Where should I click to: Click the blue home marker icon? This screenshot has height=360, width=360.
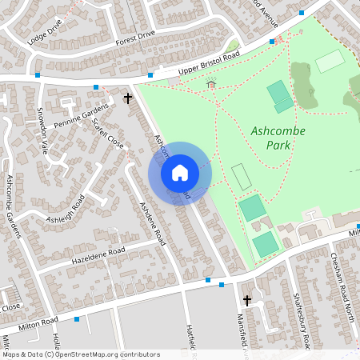[x=180, y=173]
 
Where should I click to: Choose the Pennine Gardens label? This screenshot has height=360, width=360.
[x=81, y=116]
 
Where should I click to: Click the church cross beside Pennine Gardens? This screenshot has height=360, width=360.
[x=128, y=98]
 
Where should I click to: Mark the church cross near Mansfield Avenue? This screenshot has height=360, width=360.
[x=247, y=301]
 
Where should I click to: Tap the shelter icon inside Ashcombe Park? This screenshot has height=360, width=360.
[x=211, y=84]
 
